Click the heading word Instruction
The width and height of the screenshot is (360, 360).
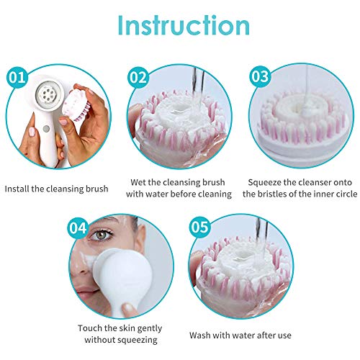click(179, 27)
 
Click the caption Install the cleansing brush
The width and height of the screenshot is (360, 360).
click(57, 189)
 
